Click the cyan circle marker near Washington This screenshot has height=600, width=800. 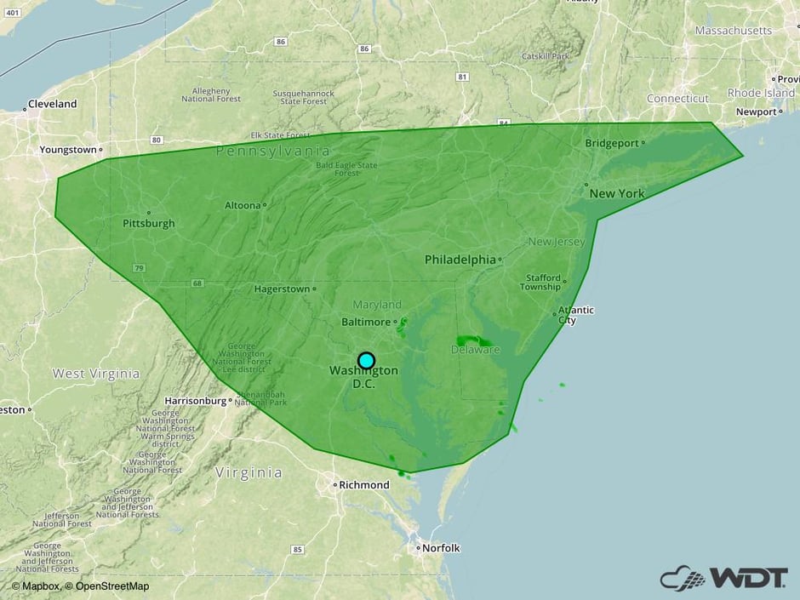tap(366, 360)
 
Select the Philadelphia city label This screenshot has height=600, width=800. tap(460, 260)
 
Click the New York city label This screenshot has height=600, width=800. tap(617, 194)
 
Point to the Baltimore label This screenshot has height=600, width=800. tap(365, 323)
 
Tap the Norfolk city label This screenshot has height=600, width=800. tap(442, 548)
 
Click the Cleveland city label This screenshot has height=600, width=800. tap(52, 104)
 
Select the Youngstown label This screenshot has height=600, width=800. tap(68, 150)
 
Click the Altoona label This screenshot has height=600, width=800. tap(243, 205)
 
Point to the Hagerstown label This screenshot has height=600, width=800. tap(282, 289)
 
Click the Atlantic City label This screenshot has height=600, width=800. tap(576, 315)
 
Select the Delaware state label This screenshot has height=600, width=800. tap(475, 350)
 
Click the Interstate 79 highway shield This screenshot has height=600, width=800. tap(138, 268)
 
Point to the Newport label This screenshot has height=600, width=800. tap(756, 111)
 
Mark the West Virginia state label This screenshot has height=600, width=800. tap(96, 374)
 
